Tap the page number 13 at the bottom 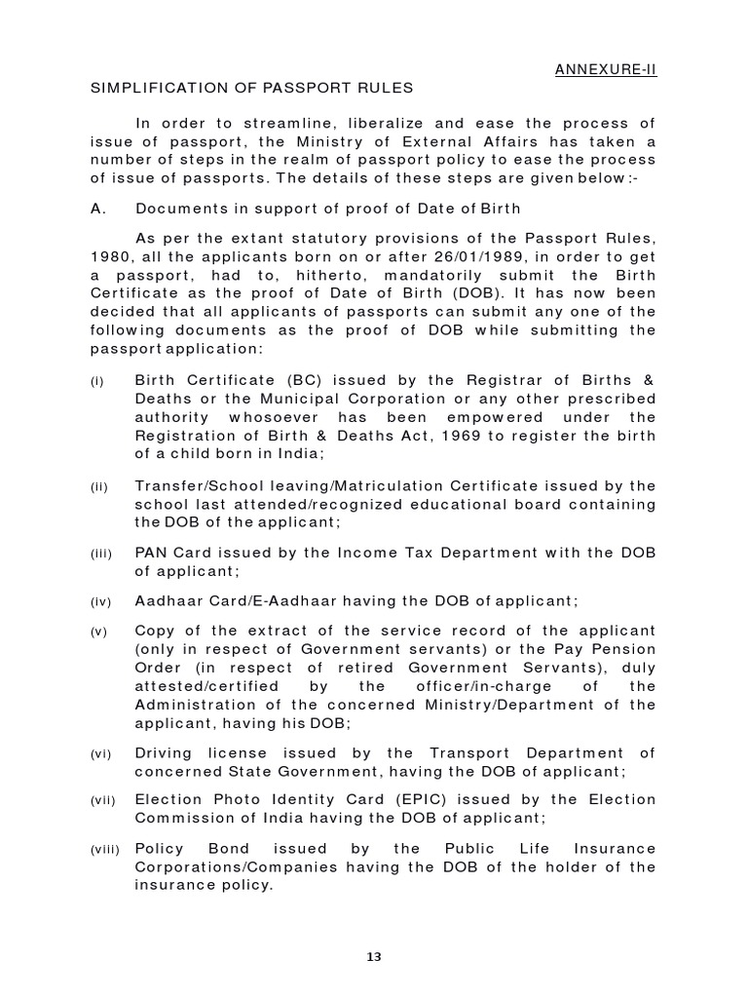click(374, 956)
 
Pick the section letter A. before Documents click(97, 210)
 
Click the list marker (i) click(97, 382)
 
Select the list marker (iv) click(100, 602)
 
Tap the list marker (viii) click(104, 850)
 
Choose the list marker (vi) click(100, 754)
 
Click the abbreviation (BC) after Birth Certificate click(278, 381)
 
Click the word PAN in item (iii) click(152, 554)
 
